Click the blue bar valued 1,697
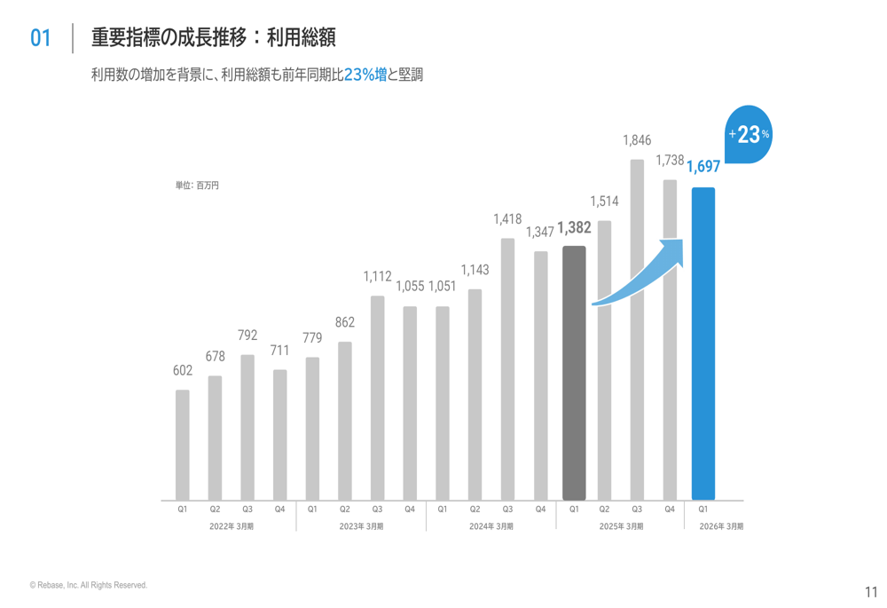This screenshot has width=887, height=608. click(703, 343)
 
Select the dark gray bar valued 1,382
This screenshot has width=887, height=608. click(574, 373)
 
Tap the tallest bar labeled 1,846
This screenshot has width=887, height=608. click(637, 329)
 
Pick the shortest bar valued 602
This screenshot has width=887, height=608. click(182, 445)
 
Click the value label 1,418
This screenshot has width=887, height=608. click(507, 218)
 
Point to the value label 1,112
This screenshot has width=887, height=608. click(377, 277)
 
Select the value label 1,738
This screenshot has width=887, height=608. click(670, 161)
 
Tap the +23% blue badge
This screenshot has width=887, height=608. click(749, 136)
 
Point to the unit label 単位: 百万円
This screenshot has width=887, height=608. click(197, 186)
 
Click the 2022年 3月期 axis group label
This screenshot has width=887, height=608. click(231, 526)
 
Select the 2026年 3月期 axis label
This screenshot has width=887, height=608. click(721, 526)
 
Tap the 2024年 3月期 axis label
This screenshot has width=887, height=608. click(491, 526)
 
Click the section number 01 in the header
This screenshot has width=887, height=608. click(41, 37)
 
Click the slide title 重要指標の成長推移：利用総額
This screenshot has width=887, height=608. click(213, 37)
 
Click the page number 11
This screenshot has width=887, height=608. click(870, 592)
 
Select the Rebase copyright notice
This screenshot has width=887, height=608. click(88, 586)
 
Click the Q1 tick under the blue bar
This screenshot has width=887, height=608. click(703, 509)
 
